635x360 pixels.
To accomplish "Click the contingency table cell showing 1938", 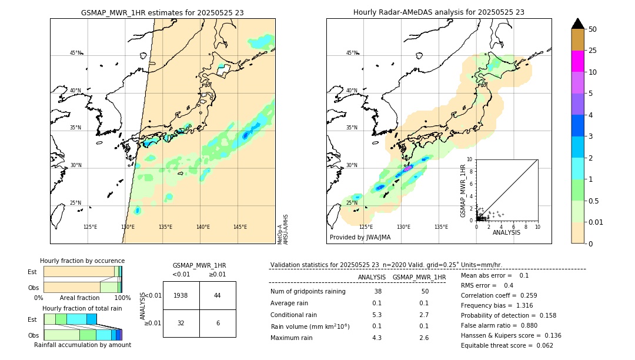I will click(181, 295).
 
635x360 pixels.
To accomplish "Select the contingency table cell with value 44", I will click(218, 295).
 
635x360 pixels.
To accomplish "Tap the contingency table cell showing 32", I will click(181, 323).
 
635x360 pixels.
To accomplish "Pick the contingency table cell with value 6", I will click(218, 323).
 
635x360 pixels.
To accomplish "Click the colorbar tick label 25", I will click(593, 51).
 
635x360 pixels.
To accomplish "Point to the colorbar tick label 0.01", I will click(596, 222).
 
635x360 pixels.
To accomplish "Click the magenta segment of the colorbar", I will click(577, 61).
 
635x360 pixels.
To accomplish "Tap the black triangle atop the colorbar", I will click(577, 24).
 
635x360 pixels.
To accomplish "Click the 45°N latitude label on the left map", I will click(75, 53).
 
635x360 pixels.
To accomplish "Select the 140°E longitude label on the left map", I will click(203, 227).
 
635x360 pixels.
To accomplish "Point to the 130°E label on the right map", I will click(403, 227).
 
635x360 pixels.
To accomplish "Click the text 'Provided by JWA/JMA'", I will click(360, 238).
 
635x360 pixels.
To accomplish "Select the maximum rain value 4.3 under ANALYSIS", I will click(376, 338).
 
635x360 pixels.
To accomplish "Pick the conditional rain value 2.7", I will click(423, 315).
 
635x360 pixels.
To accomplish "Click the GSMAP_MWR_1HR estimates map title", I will click(162, 12).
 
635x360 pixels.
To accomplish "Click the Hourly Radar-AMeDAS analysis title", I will click(439, 12).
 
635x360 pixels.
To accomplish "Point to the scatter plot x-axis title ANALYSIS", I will click(506, 232).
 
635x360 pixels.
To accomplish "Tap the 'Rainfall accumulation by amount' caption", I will click(82, 345).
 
